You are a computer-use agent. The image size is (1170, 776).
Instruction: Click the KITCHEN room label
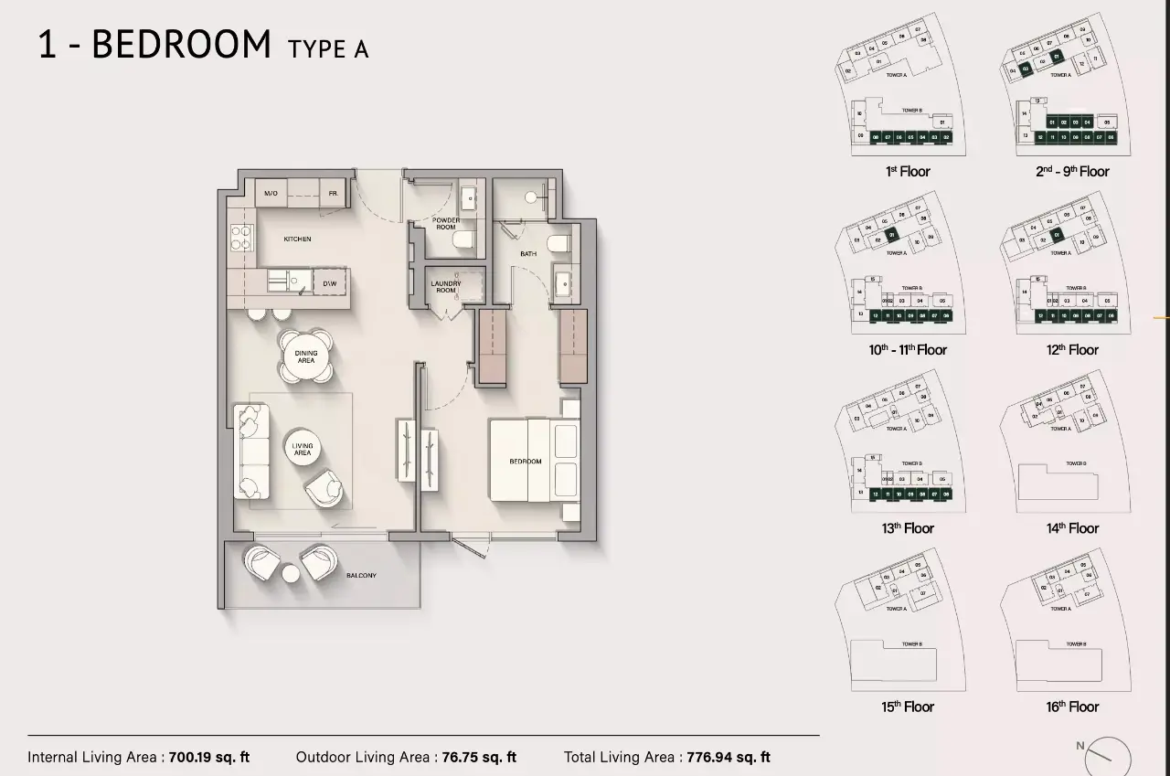click(x=297, y=239)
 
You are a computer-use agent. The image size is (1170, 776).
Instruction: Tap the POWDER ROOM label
click(x=446, y=224)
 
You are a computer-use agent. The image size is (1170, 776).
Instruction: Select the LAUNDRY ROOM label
click(x=446, y=287)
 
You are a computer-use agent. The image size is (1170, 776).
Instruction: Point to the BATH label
click(x=528, y=253)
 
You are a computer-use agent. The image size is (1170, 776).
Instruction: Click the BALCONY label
click(x=361, y=576)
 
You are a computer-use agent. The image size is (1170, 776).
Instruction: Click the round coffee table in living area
click(x=303, y=449)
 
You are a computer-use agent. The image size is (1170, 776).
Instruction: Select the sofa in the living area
click(x=251, y=452)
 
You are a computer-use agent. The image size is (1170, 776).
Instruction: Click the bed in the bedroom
click(x=535, y=460)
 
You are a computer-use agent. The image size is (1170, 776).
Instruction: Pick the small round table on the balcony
click(x=291, y=573)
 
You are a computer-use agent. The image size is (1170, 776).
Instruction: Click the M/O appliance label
click(x=271, y=194)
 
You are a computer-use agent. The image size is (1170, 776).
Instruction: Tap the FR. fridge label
click(x=334, y=194)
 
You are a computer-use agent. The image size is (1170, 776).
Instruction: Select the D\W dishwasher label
click(x=329, y=283)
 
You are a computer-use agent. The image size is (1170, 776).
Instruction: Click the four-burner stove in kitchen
click(x=242, y=239)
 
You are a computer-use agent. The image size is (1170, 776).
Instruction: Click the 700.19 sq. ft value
click(x=209, y=757)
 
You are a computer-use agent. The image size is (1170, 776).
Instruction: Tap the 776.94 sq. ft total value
click(x=729, y=757)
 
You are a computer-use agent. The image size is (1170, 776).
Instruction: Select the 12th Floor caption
click(x=1072, y=350)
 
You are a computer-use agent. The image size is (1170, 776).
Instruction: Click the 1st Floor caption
click(x=908, y=172)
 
